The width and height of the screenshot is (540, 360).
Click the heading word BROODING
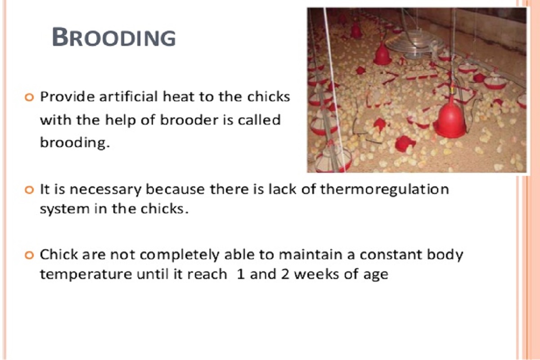(114, 37)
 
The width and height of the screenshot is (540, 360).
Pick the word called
(258, 120)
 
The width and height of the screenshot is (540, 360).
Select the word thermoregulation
(384, 189)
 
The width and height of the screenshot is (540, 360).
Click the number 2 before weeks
(277, 274)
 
